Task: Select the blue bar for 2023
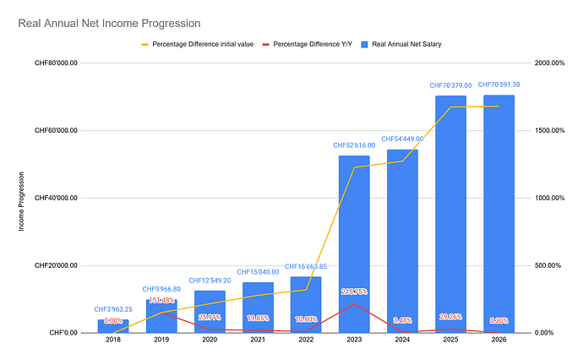click(x=354, y=245)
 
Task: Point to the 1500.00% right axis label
click(x=551, y=130)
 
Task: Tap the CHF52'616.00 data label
click(x=354, y=146)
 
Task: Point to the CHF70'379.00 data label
click(x=450, y=85)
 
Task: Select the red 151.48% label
click(x=161, y=300)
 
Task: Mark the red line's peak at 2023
click(x=354, y=303)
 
